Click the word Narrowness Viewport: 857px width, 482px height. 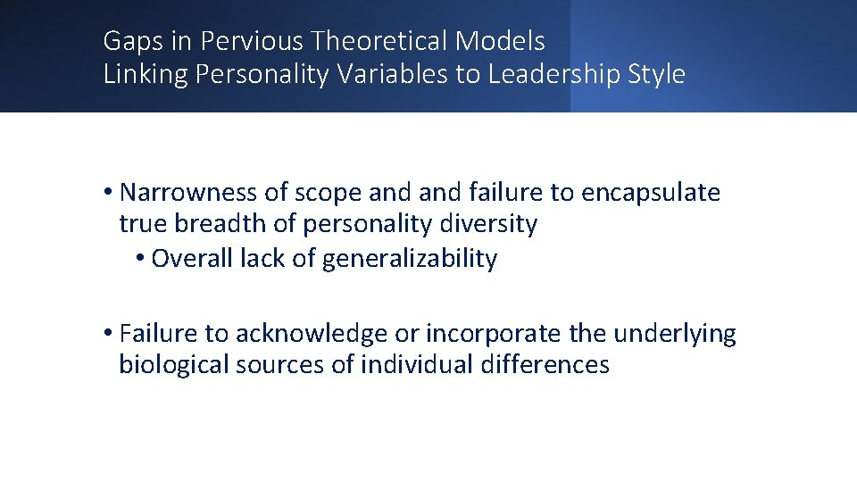point(182,193)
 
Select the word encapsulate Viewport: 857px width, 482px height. point(650,193)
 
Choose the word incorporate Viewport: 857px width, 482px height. point(494,334)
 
